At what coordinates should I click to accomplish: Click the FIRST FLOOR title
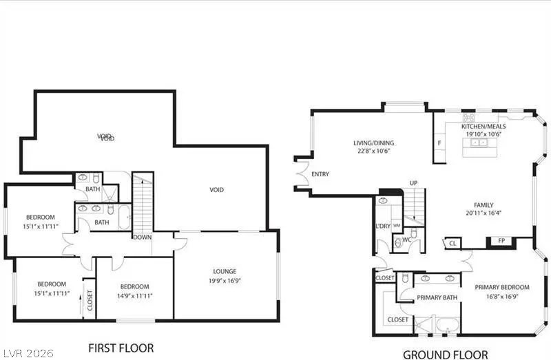[121, 348]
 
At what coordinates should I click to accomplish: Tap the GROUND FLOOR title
[446, 354]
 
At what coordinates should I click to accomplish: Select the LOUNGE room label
[225, 271]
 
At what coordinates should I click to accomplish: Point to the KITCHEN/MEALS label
[484, 127]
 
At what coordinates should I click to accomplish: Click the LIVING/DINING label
[374, 143]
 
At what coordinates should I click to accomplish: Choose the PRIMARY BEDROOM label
[502, 287]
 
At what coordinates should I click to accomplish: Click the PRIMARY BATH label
[437, 297]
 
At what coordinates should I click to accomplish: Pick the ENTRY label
[320, 174]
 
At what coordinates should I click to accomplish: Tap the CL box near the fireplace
[453, 243]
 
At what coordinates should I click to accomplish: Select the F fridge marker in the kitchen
[439, 143]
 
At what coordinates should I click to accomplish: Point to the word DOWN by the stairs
[143, 237]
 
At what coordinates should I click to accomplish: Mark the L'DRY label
[384, 226]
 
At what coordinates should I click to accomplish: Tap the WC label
[406, 240]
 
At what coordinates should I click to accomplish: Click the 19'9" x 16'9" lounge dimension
[225, 280]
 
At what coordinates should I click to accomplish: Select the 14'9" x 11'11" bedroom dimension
[134, 295]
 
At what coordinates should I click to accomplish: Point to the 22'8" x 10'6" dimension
[374, 152]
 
